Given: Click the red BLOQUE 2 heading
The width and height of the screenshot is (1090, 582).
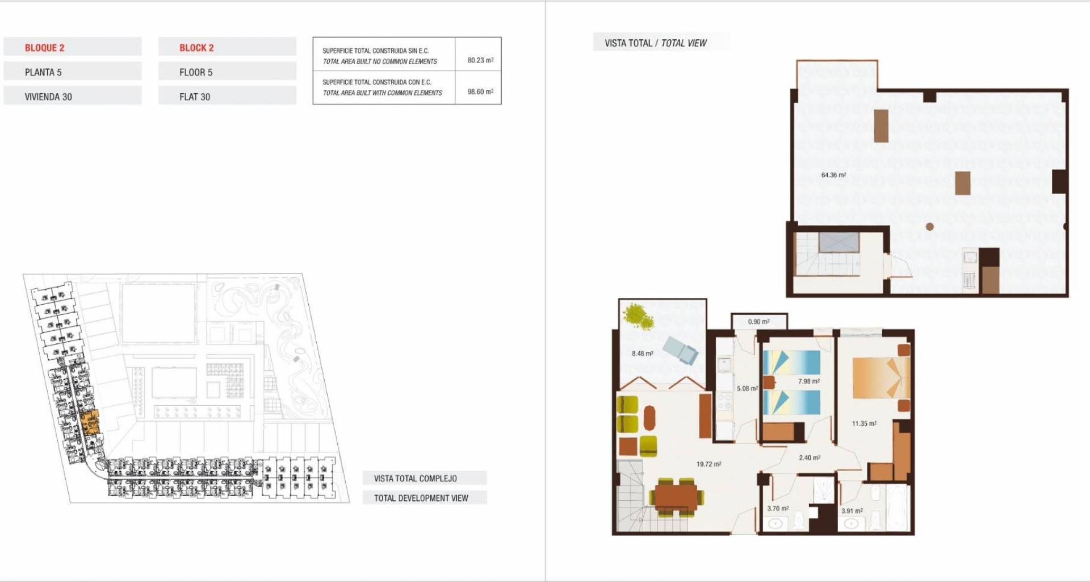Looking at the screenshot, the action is pos(44,48).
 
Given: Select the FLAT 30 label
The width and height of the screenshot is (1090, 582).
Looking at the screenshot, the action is pos(195,97).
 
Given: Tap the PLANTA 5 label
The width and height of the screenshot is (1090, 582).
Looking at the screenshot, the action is pos(43,72).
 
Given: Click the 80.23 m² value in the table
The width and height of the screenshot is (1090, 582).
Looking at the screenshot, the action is pos(480,60).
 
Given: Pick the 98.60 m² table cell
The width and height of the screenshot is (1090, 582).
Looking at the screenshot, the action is pos(480,92).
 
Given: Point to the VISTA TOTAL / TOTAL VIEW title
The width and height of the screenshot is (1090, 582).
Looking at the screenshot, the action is pos(656,43).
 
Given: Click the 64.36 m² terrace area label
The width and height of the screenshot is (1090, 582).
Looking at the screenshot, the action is pos(833,175).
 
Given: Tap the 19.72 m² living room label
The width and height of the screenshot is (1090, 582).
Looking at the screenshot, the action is pos(709,464).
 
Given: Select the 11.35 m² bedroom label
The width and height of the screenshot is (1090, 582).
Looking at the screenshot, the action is pos(864,423).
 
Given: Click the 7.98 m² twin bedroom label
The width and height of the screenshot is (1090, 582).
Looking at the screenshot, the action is pos(809,381).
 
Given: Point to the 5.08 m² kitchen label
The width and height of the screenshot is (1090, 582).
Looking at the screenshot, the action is pos(748,389).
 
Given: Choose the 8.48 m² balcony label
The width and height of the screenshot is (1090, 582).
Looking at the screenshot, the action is pos(643,354).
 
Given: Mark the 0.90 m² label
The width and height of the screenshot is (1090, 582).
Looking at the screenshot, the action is pos(759,322).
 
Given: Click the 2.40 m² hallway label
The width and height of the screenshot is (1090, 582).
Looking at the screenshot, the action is pos(810,458).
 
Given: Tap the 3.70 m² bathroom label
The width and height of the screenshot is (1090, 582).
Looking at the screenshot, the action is pos(778,509).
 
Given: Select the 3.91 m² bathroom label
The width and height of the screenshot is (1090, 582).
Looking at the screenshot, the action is pos(852,511).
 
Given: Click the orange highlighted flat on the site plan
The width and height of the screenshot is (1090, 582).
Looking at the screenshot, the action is pos(90,422).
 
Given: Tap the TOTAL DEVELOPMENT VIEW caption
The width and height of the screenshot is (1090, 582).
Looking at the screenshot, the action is pos(421,498).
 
